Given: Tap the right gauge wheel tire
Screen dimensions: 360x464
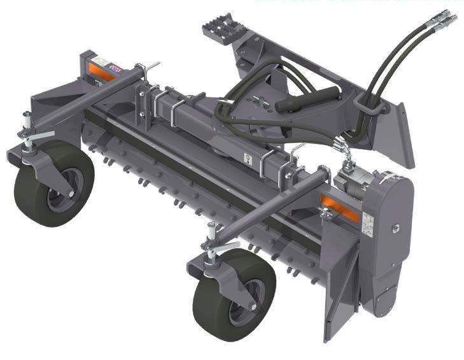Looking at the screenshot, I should click(216, 299).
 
